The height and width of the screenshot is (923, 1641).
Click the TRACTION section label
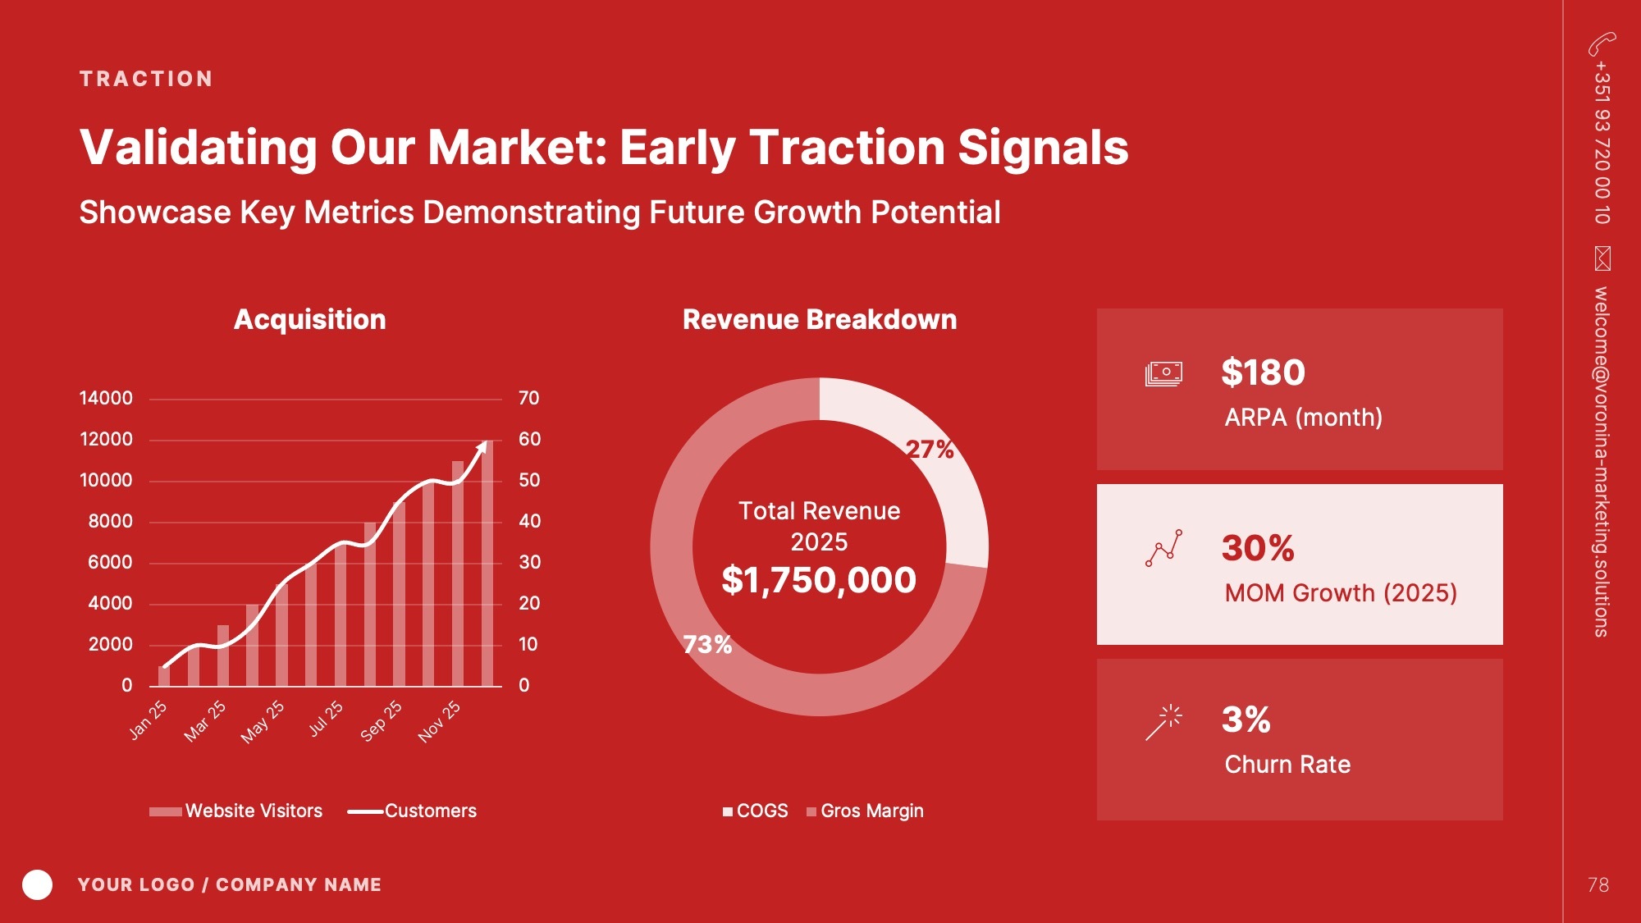click(146, 79)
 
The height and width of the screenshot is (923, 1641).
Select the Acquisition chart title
click(310, 319)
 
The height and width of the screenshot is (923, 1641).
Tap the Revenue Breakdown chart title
click(820, 319)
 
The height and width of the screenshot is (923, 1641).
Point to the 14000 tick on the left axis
click(106, 398)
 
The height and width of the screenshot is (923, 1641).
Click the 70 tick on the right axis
click(529, 398)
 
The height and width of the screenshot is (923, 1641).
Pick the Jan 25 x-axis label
click(148, 720)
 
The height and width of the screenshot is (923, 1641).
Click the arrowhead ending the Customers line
click(482, 447)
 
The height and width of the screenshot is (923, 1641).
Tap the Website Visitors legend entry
click(236, 811)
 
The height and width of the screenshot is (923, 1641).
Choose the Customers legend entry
click(412, 811)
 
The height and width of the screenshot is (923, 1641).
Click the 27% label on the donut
click(930, 449)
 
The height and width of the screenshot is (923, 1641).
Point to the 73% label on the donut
click(707, 644)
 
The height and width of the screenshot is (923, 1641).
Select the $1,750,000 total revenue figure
click(819, 580)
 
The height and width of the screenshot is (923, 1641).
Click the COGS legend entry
click(756, 811)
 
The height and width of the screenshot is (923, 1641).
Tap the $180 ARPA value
click(1263, 372)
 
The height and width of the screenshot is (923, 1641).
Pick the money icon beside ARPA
click(1163, 373)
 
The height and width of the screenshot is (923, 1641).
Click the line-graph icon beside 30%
click(1164, 548)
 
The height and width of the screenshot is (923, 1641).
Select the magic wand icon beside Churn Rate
click(1164, 722)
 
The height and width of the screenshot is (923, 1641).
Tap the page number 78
click(1598, 884)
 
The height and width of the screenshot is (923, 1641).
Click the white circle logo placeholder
click(37, 884)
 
